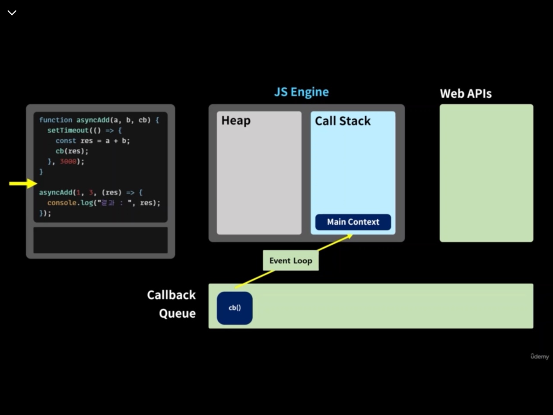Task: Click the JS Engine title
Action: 301,92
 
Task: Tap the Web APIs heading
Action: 465,94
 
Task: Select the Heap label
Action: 236,121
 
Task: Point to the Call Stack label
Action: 343,121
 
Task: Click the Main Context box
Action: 353,222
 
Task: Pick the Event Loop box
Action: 291,261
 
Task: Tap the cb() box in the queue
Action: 235,308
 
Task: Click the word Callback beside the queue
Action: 171,295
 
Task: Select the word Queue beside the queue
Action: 177,313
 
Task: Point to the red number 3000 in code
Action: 68,161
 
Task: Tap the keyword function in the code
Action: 56,120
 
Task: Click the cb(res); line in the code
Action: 72,151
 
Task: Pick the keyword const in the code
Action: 66,140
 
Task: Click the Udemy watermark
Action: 540,356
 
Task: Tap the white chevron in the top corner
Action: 12,13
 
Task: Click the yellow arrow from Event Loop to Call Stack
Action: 335,243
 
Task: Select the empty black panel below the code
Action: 100,240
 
